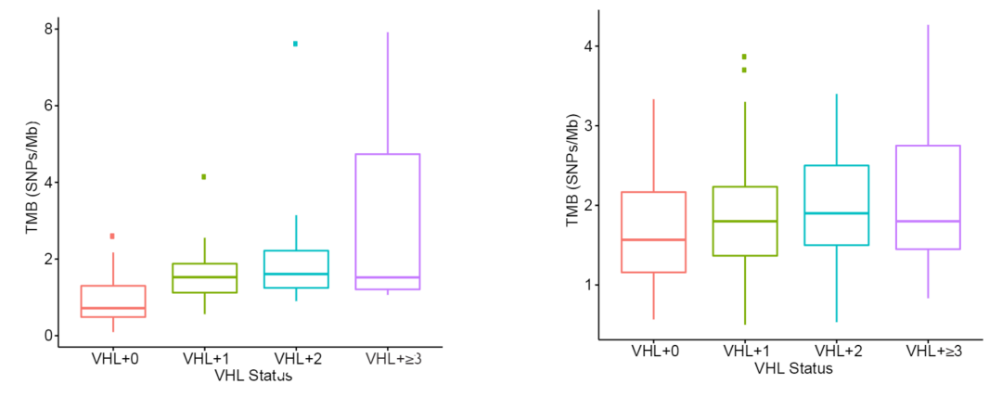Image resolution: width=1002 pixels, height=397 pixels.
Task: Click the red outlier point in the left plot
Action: (x=113, y=237)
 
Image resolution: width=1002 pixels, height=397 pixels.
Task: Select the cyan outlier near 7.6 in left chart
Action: (x=296, y=44)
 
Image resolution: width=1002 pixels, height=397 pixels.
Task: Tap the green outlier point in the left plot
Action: (x=203, y=176)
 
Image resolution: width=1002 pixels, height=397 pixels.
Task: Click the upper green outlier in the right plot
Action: (x=743, y=57)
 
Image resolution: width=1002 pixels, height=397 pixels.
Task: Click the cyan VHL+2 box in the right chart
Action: (x=836, y=205)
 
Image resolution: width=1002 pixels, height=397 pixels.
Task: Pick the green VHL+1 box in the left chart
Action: (x=204, y=278)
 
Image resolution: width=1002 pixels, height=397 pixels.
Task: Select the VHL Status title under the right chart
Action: (x=793, y=368)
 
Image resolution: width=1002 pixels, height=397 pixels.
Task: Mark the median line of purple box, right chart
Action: (x=927, y=221)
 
